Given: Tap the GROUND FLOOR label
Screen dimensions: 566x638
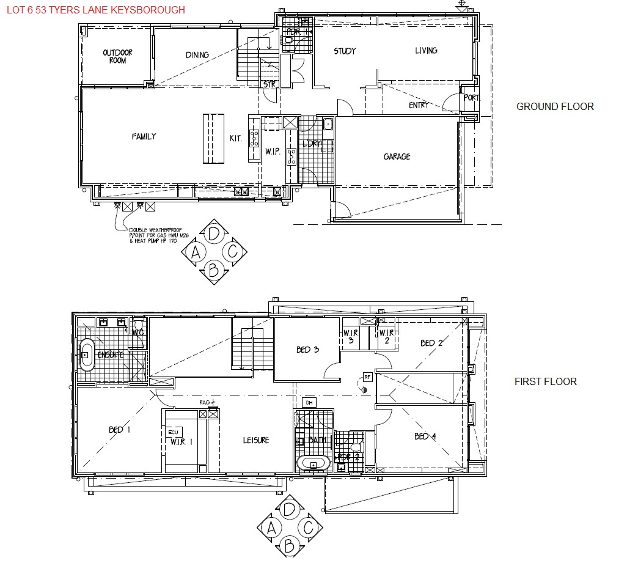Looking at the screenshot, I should [x=555, y=106].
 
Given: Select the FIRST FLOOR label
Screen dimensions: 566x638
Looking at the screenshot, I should [x=545, y=381].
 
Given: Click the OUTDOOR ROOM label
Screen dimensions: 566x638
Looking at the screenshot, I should [x=117, y=57].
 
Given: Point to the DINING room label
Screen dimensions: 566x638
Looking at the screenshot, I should [x=197, y=55].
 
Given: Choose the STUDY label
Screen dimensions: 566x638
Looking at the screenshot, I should [x=345, y=51].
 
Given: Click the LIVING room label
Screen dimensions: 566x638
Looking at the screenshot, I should [x=426, y=51].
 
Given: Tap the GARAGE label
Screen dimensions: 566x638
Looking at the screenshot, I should [x=397, y=157].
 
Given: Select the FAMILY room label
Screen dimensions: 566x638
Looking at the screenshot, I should [x=144, y=137].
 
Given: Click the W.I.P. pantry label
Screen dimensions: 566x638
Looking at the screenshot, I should [x=273, y=152].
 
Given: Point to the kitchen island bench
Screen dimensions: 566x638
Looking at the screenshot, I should [x=213, y=139].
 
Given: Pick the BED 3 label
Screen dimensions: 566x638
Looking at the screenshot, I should [x=308, y=350].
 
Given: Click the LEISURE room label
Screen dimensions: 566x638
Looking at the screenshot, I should [x=256, y=440].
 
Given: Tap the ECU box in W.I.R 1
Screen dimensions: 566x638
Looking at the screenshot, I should [x=175, y=432].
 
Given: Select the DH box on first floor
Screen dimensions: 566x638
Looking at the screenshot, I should [x=309, y=403].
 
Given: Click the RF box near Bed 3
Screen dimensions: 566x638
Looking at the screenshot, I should [x=367, y=377].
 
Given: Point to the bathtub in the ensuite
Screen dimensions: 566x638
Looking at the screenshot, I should [x=86, y=354].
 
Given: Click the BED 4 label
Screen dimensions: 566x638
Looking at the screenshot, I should [x=425, y=436].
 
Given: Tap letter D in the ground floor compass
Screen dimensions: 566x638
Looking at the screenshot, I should [x=213, y=233].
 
